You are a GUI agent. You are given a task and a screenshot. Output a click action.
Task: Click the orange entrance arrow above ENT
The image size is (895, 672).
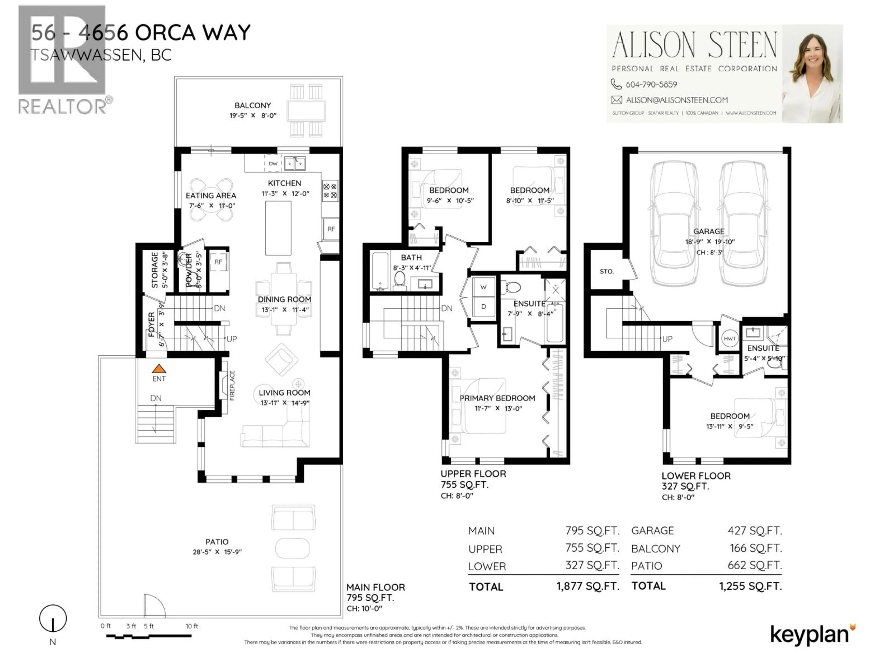point(159,369)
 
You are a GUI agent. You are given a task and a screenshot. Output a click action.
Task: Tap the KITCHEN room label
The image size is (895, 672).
point(284,183)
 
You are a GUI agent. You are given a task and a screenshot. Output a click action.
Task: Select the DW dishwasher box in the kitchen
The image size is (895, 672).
point(273,164)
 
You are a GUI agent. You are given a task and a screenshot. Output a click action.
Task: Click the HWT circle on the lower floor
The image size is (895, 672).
point(730,339)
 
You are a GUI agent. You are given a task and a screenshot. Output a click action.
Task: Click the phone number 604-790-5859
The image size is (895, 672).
point(651,84)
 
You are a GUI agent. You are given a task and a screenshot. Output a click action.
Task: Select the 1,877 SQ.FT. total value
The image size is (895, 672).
point(588,586)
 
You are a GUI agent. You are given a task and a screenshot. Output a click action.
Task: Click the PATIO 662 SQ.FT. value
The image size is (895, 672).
point(755,565)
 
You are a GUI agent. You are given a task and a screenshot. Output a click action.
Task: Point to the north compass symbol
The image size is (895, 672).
point(53,619)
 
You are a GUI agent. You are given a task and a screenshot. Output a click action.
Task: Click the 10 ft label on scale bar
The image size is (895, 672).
point(192,626)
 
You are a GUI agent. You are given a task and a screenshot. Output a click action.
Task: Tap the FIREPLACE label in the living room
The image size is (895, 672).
point(232,385)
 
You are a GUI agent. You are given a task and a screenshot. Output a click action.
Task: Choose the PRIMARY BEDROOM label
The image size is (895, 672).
point(497,398)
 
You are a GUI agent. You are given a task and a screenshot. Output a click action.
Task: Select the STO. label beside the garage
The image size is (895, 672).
point(606,271)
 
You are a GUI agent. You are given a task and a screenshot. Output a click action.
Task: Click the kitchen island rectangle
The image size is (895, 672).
point(278,228)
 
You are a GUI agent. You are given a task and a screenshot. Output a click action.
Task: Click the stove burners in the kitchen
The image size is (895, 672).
point(330,191)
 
